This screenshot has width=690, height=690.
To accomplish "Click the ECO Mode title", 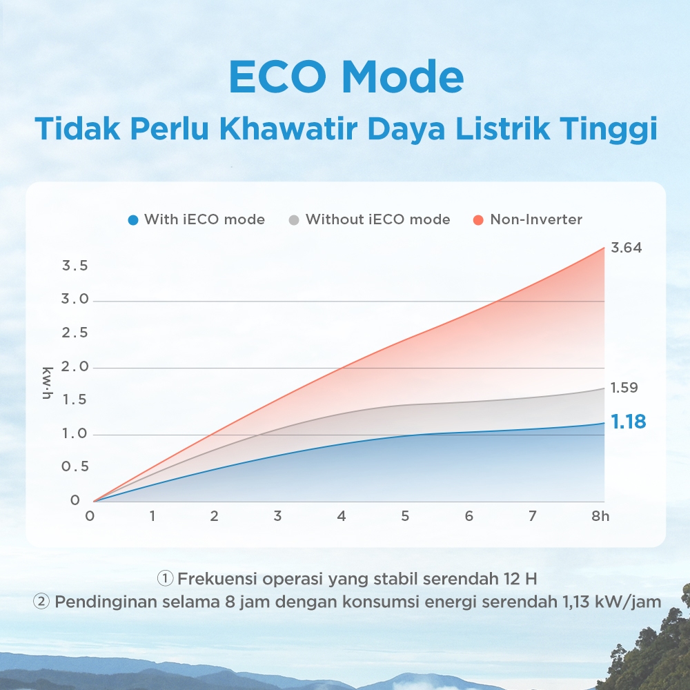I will pyautogui.click(x=346, y=77).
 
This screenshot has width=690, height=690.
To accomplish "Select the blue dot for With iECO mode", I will pyautogui.click(x=133, y=220).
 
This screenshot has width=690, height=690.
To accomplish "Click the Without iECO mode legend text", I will pyautogui.click(x=377, y=219).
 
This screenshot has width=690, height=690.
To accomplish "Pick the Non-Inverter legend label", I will pyautogui.click(x=536, y=219).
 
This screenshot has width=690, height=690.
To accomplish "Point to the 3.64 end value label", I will pyautogui.click(x=627, y=248).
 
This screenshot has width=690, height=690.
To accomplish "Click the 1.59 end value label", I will pyautogui.click(x=624, y=388).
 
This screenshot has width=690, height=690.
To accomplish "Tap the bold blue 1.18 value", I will pyautogui.click(x=628, y=422).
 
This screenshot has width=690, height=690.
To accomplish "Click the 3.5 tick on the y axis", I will pyautogui.click(x=75, y=266).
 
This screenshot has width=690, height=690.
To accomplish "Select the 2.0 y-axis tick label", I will pyautogui.click(x=75, y=367).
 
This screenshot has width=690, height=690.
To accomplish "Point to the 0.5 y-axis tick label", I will pyautogui.click(x=75, y=467).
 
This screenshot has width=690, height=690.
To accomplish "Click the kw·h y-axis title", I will pyautogui.click(x=48, y=384).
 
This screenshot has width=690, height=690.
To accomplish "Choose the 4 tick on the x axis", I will pyautogui.click(x=342, y=516).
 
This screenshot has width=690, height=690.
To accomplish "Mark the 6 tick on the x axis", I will pyautogui.click(x=469, y=516).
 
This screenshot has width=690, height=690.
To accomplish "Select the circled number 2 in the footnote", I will pyautogui.click(x=42, y=602).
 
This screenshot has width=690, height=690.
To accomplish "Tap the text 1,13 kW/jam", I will pyautogui.click(x=608, y=602).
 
